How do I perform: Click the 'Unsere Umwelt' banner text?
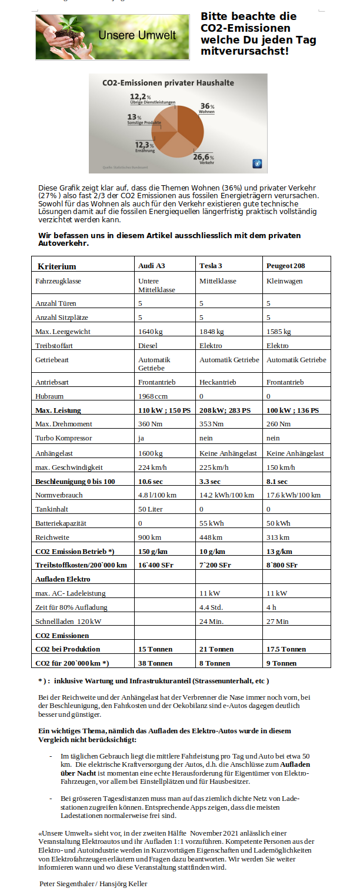137,36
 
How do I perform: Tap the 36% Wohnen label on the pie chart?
206,108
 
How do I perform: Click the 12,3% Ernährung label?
145,147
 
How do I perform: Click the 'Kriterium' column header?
57,266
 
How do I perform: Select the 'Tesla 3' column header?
211,266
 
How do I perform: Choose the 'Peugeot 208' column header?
285,266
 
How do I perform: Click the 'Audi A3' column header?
151,266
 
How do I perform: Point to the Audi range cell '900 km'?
149,537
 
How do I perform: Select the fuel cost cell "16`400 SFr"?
158,565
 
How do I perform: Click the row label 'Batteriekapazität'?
61,523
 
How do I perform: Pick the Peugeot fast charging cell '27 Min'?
278,621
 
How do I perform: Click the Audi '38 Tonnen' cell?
155,663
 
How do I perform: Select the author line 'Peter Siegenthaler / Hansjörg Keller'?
94,884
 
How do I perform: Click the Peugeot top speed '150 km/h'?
281,467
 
